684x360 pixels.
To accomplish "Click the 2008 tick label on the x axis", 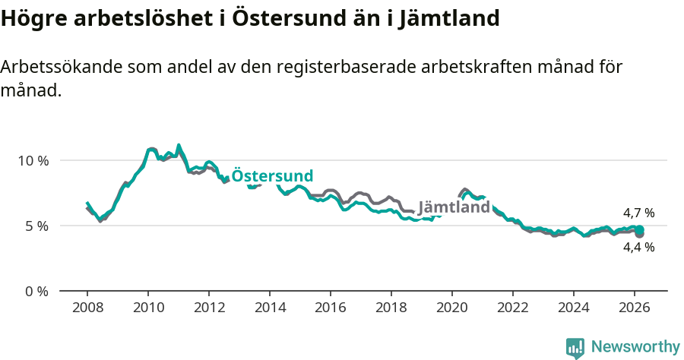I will point(87,308).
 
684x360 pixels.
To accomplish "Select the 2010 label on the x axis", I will point(148,308).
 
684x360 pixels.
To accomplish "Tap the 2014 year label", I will point(270,308).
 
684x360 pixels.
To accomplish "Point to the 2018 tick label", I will point(391,308).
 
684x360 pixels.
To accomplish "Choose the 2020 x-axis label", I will point(452,308).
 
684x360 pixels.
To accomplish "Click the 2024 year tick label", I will point(574,308).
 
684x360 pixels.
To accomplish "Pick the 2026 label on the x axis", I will point(635,308).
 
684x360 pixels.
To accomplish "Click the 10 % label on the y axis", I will point(33,160).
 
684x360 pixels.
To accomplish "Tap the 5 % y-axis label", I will point(36,226).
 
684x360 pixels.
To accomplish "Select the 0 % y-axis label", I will point(36,291).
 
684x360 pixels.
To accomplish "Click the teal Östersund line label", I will point(272,175).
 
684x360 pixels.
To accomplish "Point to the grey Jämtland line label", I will point(454,207).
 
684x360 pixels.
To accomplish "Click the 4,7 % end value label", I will point(638,213).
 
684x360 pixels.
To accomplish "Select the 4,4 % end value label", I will point(638,247).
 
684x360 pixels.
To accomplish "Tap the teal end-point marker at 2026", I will point(640,229).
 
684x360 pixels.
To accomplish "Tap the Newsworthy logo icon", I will point(575,347).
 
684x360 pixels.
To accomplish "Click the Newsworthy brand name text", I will point(635,347).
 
